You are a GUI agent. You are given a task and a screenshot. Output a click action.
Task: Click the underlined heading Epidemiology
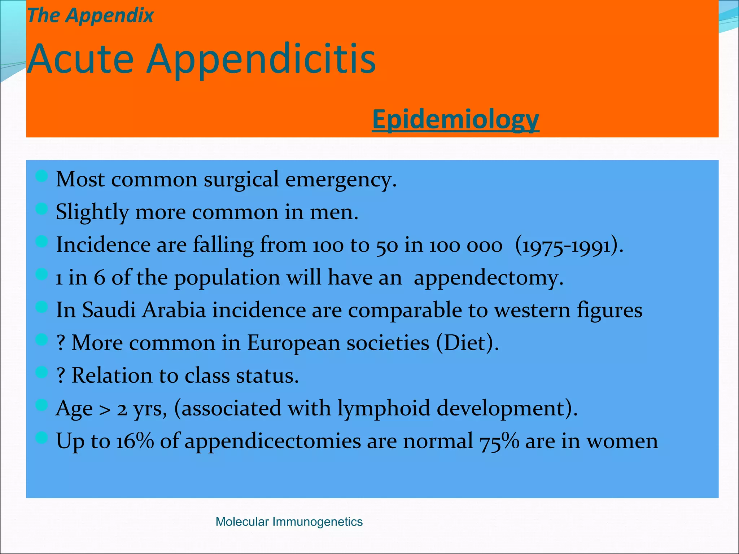(455, 119)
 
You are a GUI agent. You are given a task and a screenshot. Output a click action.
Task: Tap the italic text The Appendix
(90, 16)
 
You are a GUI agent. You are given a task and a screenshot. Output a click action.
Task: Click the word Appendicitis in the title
(261, 59)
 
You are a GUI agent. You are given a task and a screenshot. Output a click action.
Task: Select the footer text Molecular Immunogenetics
(289, 522)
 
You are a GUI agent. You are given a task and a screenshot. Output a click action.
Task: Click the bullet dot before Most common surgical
(42, 176)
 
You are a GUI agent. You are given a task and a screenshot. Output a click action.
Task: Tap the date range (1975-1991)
(569, 246)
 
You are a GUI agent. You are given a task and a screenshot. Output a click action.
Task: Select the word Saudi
(109, 310)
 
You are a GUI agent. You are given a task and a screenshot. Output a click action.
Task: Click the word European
(293, 343)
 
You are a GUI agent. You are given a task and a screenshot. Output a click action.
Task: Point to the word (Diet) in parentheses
(467, 343)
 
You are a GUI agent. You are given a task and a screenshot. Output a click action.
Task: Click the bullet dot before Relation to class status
(42, 372)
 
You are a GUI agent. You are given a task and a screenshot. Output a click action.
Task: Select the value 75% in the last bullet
(499, 441)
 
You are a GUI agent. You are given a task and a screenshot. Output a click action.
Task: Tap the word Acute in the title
(80, 59)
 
